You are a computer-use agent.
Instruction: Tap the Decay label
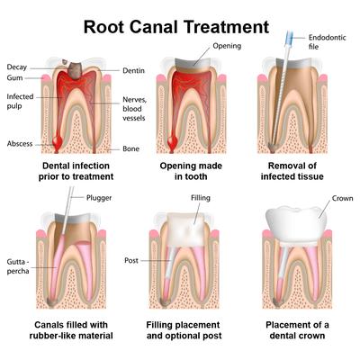click(17, 67)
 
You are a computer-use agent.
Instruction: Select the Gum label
click(15, 79)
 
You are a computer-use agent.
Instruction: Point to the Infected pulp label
click(21, 100)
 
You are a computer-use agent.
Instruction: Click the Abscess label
click(20, 142)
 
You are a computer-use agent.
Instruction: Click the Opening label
click(227, 45)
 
